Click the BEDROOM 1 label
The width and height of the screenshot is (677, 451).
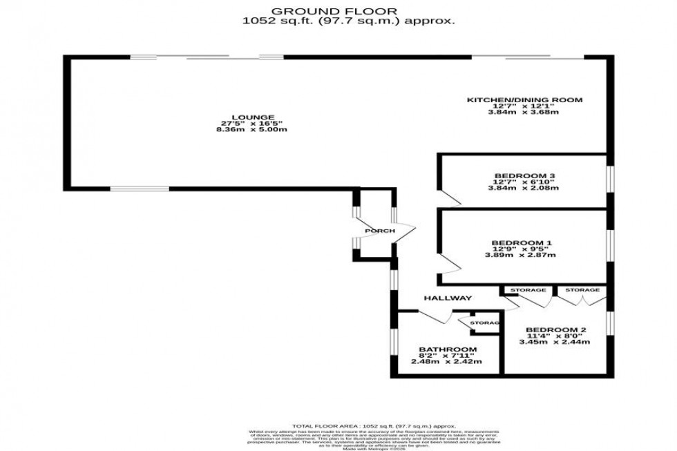(521, 242)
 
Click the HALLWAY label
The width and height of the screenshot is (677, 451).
(448, 298)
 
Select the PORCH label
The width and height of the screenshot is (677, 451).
(381, 231)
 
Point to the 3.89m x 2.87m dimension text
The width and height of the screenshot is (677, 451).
(521, 256)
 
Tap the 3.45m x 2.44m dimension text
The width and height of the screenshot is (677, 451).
(554, 342)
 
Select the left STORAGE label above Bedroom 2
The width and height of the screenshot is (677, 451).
(528, 290)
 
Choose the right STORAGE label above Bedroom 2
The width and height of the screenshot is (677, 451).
(582, 290)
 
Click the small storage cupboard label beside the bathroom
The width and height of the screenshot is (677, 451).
(485, 323)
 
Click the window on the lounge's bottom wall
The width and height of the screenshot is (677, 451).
(140, 189)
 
